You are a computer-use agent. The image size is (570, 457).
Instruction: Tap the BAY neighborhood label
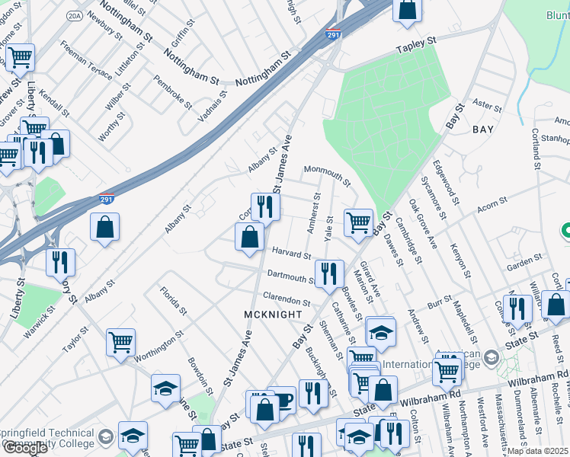coord(483,129)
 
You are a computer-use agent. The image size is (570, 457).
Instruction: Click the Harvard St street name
coord(289,253)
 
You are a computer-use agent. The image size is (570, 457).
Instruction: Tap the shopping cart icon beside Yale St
coord(358,222)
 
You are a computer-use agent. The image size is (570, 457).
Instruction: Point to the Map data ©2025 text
coord(538,451)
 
